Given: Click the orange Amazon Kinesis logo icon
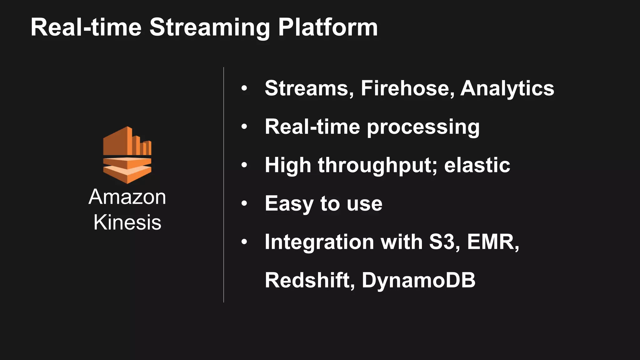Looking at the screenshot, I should click(x=127, y=155).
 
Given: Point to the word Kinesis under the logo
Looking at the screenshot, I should click(x=127, y=222).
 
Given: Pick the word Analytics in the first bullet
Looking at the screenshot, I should click(x=507, y=88).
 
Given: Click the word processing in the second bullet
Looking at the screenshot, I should click(x=423, y=127).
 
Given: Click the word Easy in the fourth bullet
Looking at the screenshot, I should click(x=289, y=204).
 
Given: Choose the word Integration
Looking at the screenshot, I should click(x=319, y=242).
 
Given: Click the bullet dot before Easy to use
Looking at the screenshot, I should click(x=244, y=204).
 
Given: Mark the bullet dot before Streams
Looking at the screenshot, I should click(x=244, y=88).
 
